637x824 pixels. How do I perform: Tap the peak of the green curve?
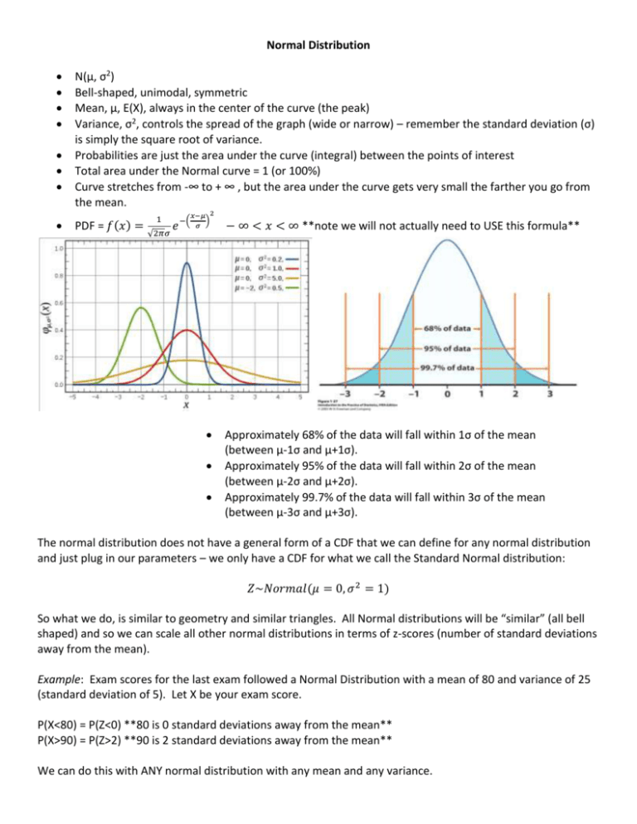(142, 308)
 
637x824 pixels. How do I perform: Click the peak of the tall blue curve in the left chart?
(187, 264)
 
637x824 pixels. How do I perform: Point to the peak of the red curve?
(187, 330)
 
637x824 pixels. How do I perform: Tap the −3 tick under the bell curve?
(348, 393)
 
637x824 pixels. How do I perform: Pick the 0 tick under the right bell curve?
(447, 393)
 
